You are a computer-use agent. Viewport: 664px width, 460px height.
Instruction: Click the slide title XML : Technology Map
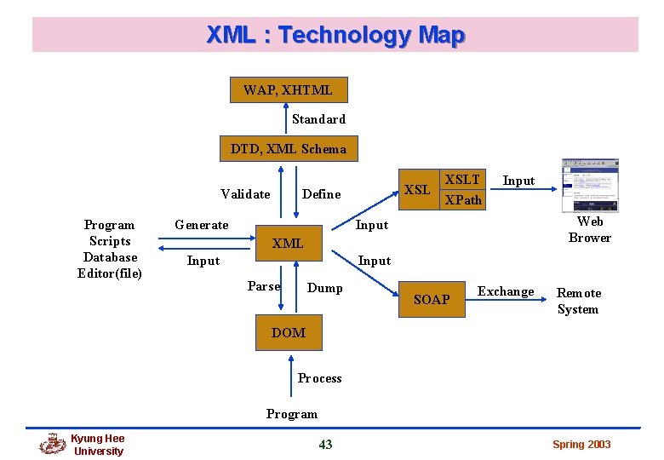(x=335, y=35)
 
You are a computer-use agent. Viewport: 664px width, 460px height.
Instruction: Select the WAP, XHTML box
(x=288, y=89)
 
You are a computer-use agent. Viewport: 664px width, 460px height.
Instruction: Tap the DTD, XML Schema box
(x=289, y=149)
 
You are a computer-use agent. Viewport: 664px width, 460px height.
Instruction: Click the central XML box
(x=288, y=244)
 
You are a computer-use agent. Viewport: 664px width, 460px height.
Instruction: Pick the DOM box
(x=289, y=332)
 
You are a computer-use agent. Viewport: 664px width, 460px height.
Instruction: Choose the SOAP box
(x=432, y=299)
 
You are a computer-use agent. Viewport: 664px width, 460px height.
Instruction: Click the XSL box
(x=417, y=189)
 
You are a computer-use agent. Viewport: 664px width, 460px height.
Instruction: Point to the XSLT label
(x=462, y=180)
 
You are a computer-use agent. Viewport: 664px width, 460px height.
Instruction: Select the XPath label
(x=463, y=200)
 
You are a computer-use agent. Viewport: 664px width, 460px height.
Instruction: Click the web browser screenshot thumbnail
(x=589, y=186)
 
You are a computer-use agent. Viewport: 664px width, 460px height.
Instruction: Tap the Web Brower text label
(x=590, y=229)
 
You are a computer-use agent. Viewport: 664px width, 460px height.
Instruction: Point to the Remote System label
(x=579, y=301)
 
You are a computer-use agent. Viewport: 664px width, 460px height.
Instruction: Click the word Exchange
(x=506, y=291)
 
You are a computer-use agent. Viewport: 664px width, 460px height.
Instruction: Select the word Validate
(x=245, y=194)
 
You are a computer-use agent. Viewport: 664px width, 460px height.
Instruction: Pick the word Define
(x=321, y=194)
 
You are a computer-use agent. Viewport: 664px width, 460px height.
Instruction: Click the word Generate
(x=201, y=225)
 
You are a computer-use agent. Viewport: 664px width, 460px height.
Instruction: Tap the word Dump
(x=325, y=288)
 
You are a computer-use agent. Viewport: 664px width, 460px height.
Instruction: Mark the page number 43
(x=325, y=444)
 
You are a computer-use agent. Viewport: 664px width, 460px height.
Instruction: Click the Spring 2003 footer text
(x=581, y=445)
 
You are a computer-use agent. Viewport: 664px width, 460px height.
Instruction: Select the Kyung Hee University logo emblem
(x=52, y=444)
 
